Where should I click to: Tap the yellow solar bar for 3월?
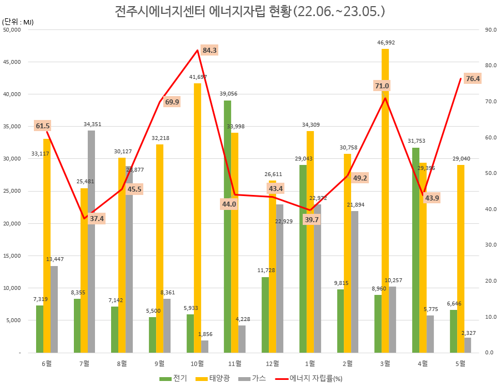385,200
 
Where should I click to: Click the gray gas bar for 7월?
91,242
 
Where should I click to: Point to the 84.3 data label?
210,51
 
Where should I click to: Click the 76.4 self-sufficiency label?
473,79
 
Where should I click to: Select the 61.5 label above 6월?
43,126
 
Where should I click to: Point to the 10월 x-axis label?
197,364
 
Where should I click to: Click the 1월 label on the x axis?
310,364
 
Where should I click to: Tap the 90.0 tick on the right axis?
490,30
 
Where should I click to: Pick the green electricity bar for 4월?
415,250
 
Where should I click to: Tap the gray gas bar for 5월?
468,345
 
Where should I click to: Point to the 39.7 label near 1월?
312,220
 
